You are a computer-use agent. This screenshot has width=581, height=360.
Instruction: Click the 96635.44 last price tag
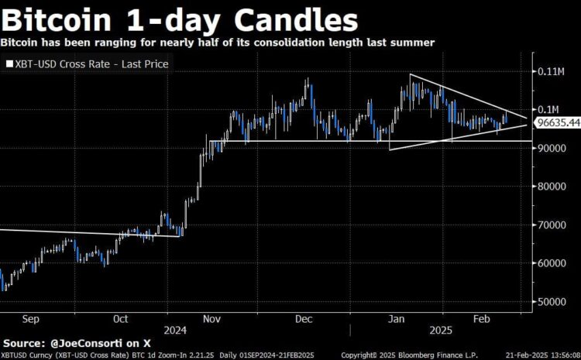(x=559, y=122)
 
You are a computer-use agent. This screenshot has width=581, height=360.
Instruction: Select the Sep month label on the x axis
(x=32, y=318)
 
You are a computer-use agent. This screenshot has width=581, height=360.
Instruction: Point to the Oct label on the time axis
(x=120, y=318)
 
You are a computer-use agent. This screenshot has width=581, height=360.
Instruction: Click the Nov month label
(x=212, y=318)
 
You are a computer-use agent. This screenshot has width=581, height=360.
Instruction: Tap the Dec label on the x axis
(x=304, y=318)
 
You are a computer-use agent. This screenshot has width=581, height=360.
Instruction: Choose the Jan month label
(x=396, y=318)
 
